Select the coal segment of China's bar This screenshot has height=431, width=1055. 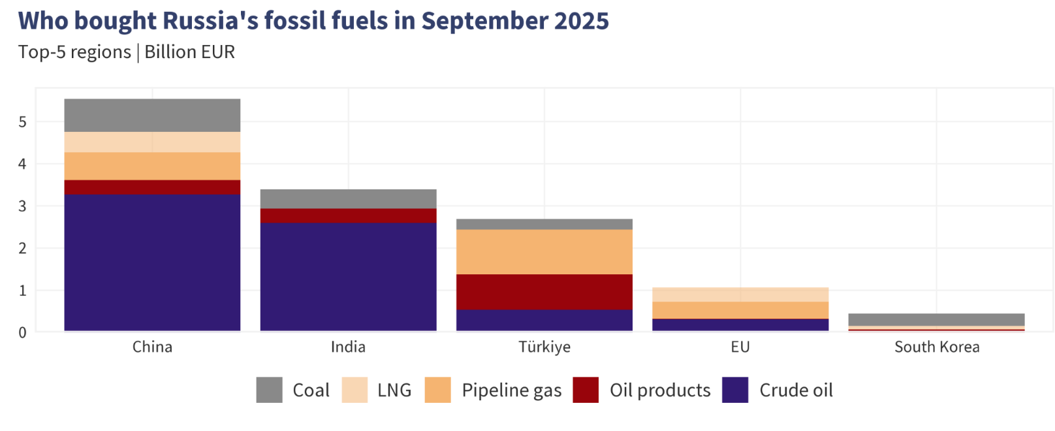(152, 115)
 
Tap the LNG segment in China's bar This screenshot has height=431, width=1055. (152, 142)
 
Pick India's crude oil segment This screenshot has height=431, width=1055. (348, 277)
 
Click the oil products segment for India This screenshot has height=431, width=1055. (348, 215)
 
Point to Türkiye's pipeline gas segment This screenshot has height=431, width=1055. (544, 251)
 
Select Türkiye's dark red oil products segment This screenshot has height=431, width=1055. (544, 291)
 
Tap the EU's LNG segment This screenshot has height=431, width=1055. (740, 295)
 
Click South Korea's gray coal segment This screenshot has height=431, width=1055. (936, 319)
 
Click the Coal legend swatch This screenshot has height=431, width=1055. (269, 390)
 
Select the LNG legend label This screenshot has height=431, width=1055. (394, 391)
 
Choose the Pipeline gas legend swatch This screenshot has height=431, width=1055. (437, 390)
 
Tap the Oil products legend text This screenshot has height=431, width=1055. (659, 391)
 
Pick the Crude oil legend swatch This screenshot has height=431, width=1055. (735, 390)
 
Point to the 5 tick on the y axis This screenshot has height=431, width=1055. (23, 122)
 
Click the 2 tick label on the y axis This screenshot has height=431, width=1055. (23, 248)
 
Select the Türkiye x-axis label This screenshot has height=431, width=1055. (544, 347)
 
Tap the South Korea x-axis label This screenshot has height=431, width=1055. (936, 347)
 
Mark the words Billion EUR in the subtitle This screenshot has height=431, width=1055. (189, 52)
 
